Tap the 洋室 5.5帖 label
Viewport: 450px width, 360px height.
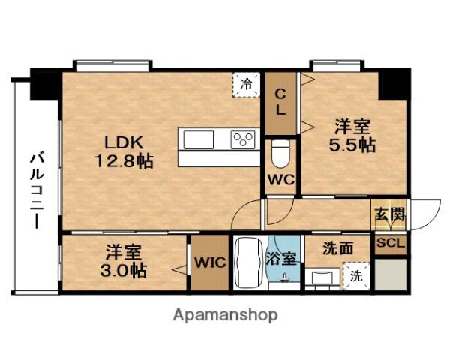352,136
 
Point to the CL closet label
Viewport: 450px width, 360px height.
280,102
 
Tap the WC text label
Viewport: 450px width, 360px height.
280,180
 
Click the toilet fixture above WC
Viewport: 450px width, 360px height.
280,154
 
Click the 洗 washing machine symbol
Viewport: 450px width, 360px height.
355,276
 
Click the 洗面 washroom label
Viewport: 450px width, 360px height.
338,247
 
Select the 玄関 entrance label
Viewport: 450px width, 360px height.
390,213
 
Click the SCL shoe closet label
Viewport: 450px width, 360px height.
390,244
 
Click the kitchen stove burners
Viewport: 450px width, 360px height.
243,139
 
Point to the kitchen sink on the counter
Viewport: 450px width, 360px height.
199,140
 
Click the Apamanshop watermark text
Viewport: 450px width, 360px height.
225,315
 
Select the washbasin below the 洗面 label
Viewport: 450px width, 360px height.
324,277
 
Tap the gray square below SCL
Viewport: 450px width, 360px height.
391,273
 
